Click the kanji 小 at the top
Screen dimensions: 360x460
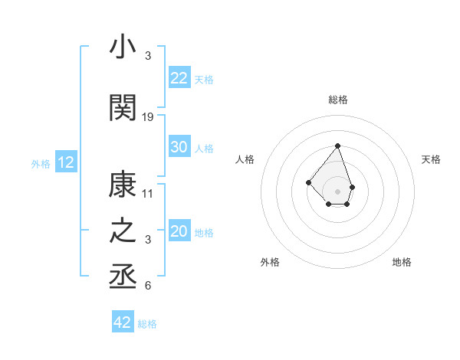point(123,47)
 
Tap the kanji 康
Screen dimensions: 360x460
point(123,185)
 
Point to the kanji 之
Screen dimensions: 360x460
point(123,232)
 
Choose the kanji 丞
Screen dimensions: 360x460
point(123,277)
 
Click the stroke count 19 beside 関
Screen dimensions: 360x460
point(148,117)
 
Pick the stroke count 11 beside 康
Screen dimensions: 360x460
point(148,193)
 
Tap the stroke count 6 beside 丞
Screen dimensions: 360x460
point(148,286)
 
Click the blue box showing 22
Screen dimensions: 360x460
point(179,77)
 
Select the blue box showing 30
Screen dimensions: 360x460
point(179,147)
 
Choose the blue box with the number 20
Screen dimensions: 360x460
point(179,231)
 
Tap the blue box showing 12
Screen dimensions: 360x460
point(65,162)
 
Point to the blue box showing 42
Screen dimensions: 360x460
point(122,322)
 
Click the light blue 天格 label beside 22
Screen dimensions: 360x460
point(204,79)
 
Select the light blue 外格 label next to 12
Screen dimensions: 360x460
point(40,163)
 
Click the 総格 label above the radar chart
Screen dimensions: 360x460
point(337,100)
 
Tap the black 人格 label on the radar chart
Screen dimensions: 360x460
point(245,159)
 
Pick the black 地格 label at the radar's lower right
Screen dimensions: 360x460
point(402,262)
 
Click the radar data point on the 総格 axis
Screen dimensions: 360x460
point(337,146)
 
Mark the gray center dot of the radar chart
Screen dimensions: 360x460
point(337,191)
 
